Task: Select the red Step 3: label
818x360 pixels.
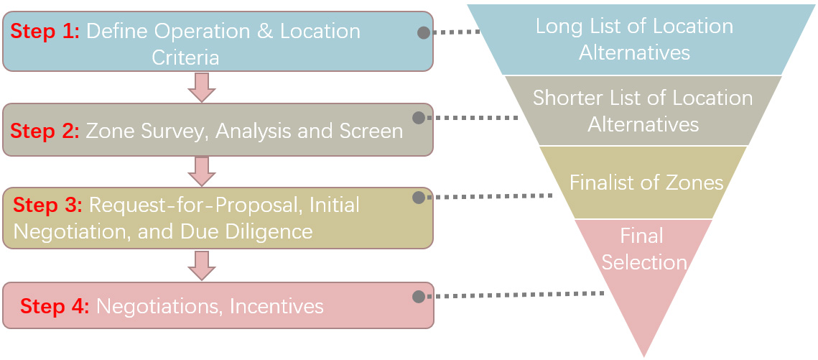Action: pyautogui.click(x=48, y=205)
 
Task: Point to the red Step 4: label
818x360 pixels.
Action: pyautogui.click(x=55, y=306)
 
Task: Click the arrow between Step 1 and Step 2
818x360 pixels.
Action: pyautogui.click(x=201, y=87)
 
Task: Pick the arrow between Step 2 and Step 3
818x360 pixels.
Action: pyautogui.click(x=201, y=171)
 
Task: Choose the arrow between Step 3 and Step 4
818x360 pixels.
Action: pyautogui.click(x=201, y=265)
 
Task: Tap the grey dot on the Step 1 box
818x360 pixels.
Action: pyautogui.click(x=424, y=32)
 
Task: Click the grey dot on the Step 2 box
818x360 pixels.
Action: pyautogui.click(x=419, y=117)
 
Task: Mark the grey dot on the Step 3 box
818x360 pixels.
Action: pyautogui.click(x=419, y=197)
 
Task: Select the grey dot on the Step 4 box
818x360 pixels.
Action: pyautogui.click(x=419, y=296)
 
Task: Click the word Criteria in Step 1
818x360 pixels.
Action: pyautogui.click(x=185, y=57)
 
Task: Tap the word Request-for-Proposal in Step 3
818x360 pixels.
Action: pyautogui.click(x=193, y=205)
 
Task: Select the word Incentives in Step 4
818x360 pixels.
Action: pyautogui.click(x=276, y=306)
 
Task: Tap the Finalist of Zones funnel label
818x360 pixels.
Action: pyautogui.click(x=646, y=183)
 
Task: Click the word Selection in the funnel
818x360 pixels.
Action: pyautogui.click(x=643, y=262)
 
